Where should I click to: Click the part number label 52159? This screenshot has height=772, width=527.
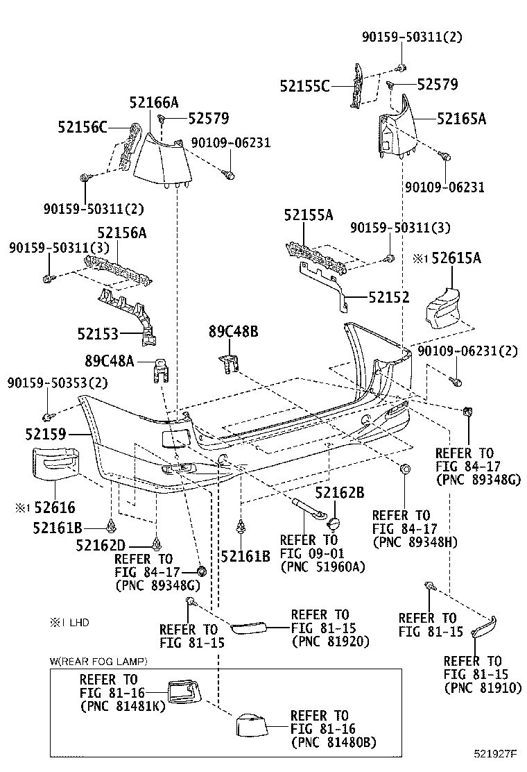click(x=45, y=434)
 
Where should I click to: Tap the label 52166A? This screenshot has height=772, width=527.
click(x=154, y=102)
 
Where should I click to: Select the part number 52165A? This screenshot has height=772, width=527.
click(x=461, y=118)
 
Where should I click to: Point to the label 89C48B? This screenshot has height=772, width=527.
click(x=233, y=331)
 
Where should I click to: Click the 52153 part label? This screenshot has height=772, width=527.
click(x=98, y=334)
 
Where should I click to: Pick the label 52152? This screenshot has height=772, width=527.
click(x=389, y=297)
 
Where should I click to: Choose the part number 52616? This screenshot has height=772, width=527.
click(x=55, y=507)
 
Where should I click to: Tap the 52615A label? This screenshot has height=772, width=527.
click(x=456, y=258)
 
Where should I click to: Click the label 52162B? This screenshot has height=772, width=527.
click(x=340, y=492)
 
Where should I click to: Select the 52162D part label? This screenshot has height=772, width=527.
click(x=101, y=545)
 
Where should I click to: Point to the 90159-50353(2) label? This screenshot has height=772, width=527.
click(x=58, y=383)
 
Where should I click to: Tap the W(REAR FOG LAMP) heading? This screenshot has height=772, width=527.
click(x=98, y=661)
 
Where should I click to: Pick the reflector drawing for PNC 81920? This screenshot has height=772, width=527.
click(x=249, y=628)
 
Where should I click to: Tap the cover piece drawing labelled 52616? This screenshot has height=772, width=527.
click(x=55, y=463)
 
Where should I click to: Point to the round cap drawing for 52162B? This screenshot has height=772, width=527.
click(x=334, y=523)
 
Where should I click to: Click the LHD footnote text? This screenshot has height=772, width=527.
click(x=69, y=623)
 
